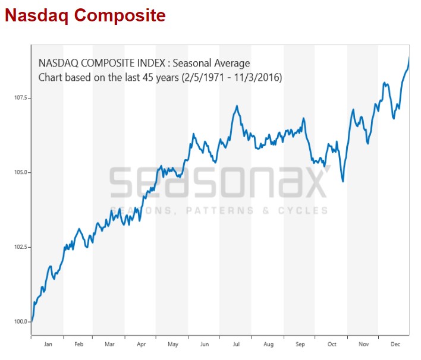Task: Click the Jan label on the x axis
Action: [48, 344]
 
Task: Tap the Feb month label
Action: [78, 344]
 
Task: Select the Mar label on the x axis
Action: [109, 344]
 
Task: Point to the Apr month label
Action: [141, 344]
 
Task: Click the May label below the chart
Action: [172, 344]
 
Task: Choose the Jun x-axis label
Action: [204, 344]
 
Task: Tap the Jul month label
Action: [235, 344]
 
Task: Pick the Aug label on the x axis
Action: [268, 344]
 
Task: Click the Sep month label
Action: [300, 344]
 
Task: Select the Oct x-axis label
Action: [331, 344]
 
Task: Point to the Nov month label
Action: [363, 344]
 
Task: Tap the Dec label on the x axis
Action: [394, 344]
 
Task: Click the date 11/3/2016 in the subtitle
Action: [257, 78]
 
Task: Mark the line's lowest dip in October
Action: [343, 181]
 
